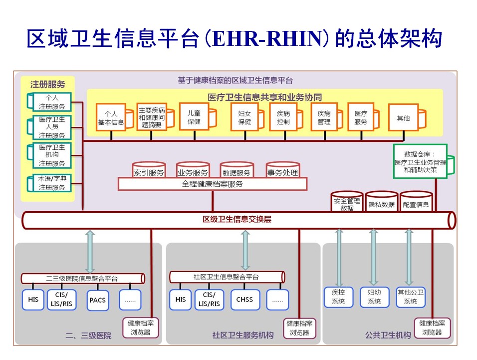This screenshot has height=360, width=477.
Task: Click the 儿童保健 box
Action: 193,116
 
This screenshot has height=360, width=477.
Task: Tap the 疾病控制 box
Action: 283,117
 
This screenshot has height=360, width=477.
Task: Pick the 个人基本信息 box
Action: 111,118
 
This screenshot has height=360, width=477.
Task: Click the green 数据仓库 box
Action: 420,161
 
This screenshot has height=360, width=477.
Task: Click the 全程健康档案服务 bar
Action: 212,184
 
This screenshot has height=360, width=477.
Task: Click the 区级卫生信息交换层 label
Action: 237,219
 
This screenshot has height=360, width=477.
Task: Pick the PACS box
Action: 97,300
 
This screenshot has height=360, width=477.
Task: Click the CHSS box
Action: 244,300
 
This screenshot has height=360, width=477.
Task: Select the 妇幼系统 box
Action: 374,297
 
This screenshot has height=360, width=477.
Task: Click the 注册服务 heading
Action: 47,84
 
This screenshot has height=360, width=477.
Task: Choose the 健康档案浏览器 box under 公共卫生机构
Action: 432,328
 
